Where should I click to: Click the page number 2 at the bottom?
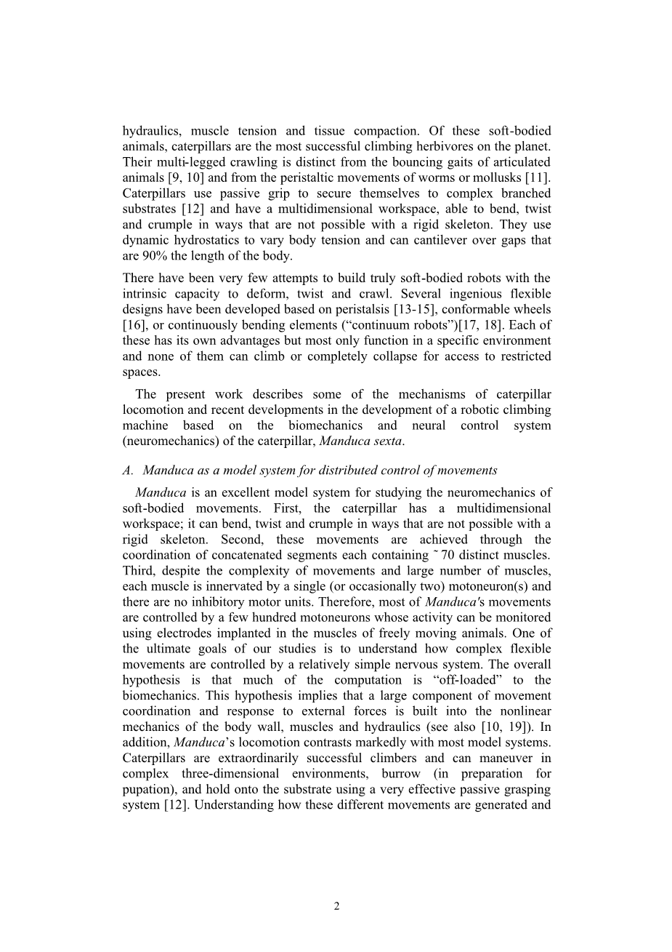pos(336,905)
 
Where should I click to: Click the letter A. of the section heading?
pos(128,471)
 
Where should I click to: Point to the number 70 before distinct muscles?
pos(458,556)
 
